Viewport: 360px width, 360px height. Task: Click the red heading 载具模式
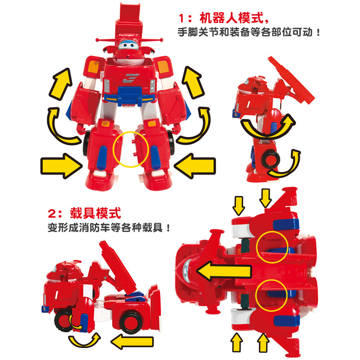(95, 213)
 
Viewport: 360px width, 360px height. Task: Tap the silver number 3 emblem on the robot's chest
(131, 78)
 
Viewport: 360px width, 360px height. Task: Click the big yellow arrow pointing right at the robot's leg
(61, 166)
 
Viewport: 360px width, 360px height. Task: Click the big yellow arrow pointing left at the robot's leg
(195, 166)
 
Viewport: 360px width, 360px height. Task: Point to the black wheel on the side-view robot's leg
(270, 159)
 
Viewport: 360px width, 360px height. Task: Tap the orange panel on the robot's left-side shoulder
(94, 67)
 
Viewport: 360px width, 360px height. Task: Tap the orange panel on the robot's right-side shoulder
(163, 66)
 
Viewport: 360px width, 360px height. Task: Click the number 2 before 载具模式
(52, 214)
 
